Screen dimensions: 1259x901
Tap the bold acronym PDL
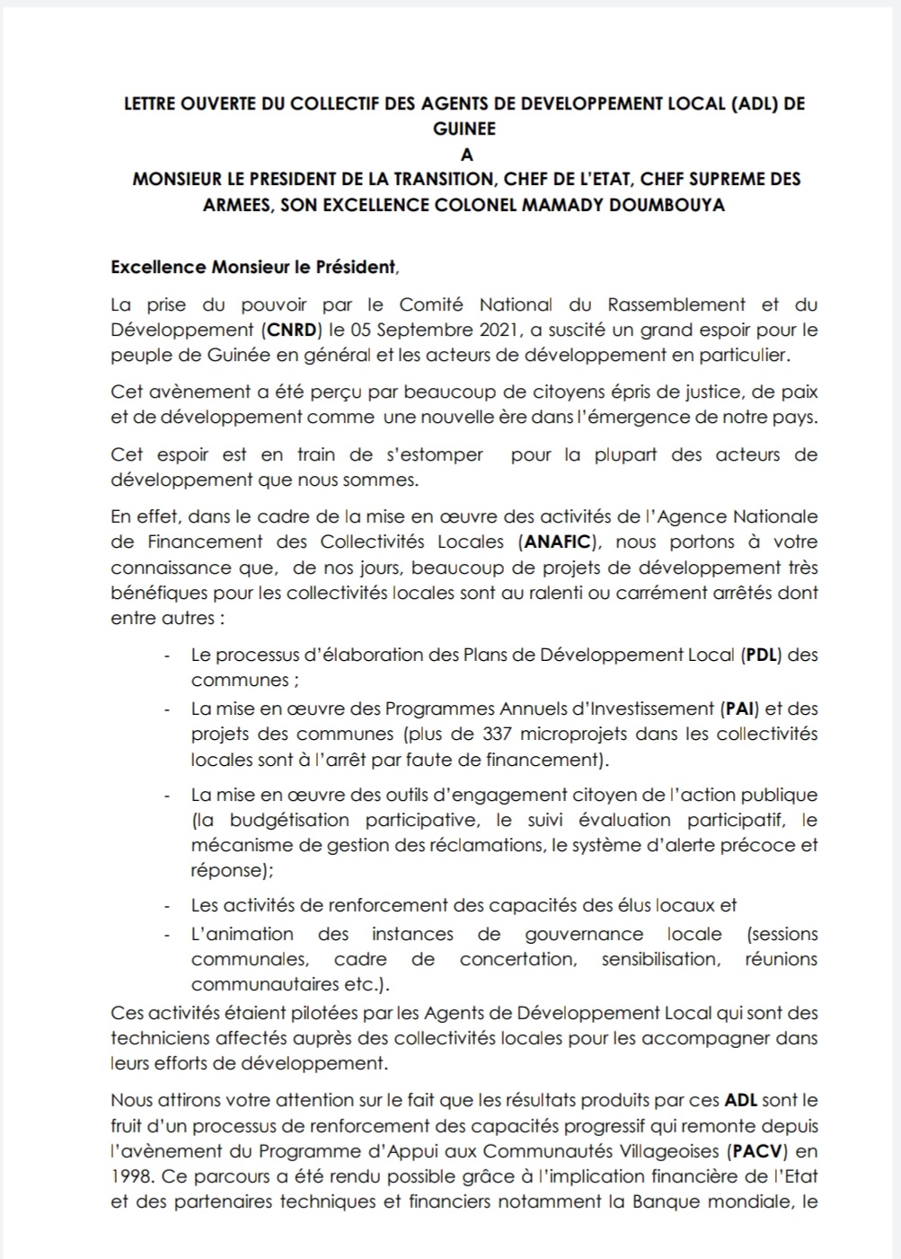[x=760, y=655]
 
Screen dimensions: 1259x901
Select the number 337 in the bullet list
[x=497, y=734]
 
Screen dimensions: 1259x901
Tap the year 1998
[x=130, y=1175]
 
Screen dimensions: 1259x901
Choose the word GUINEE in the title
[x=464, y=128]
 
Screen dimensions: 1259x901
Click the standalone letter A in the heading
[x=466, y=154]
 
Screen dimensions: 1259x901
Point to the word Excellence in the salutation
[x=158, y=267]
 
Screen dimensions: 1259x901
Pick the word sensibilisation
[x=660, y=959]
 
